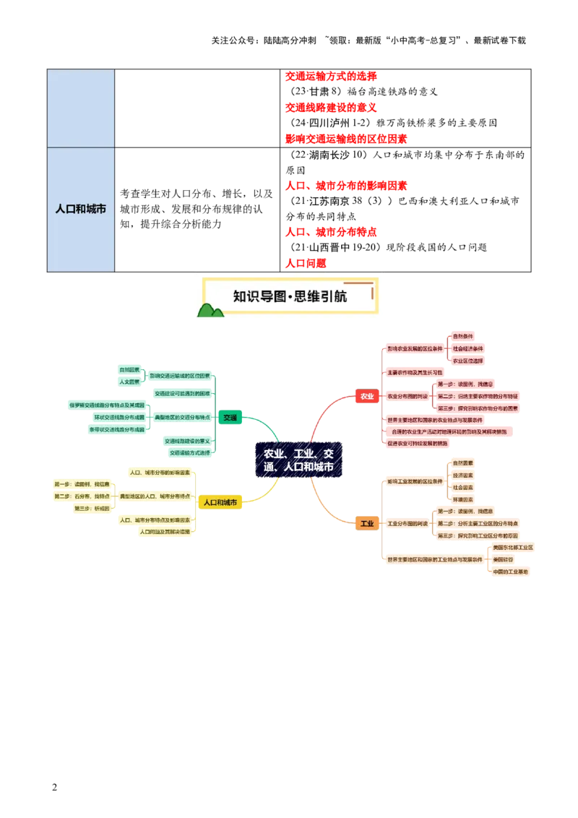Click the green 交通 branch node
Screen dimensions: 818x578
click(230, 417)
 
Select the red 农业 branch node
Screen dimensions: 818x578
click(367, 396)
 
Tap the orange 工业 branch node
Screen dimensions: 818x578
click(367, 523)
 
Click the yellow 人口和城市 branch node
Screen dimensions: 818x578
click(220, 502)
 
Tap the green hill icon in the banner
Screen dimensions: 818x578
click(210, 311)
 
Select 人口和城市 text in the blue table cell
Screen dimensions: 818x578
click(81, 209)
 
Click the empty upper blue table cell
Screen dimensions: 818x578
click(81, 108)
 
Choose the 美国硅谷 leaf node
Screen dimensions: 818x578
click(503, 559)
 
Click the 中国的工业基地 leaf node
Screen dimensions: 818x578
click(511, 572)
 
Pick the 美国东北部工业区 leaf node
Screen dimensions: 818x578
click(513, 548)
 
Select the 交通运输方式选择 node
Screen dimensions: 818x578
click(189, 453)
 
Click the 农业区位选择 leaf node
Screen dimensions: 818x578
click(467, 360)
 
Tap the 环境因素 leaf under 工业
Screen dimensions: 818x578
click(463, 499)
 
